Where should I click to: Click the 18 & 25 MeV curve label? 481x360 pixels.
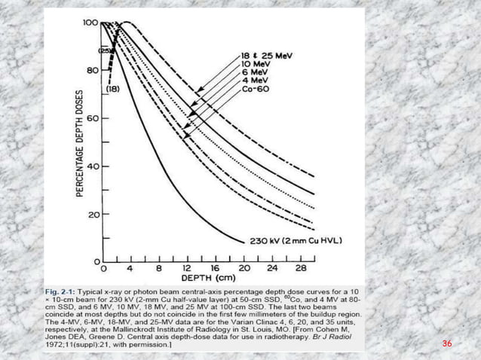(267, 56)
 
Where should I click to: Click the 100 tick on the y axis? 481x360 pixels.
(90, 23)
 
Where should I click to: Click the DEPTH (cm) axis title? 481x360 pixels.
(207, 278)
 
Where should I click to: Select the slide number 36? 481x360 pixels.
(447, 343)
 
